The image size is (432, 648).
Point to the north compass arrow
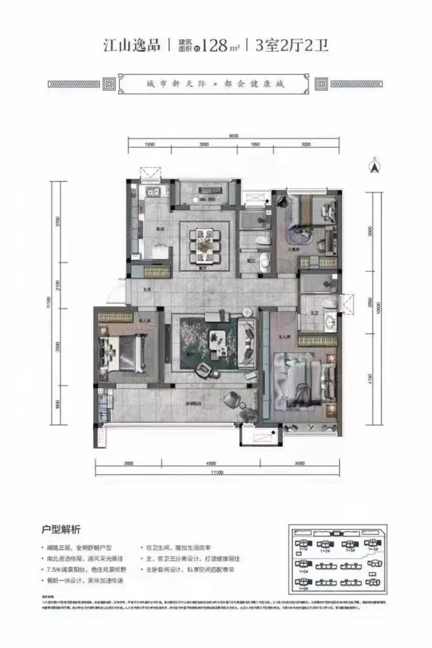pyautogui.click(x=374, y=167)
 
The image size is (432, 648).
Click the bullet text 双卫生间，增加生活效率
pyautogui.click(x=184, y=546)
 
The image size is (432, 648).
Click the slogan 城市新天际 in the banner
pyautogui.click(x=179, y=85)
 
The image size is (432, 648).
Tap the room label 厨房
pyautogui.click(x=159, y=229)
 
